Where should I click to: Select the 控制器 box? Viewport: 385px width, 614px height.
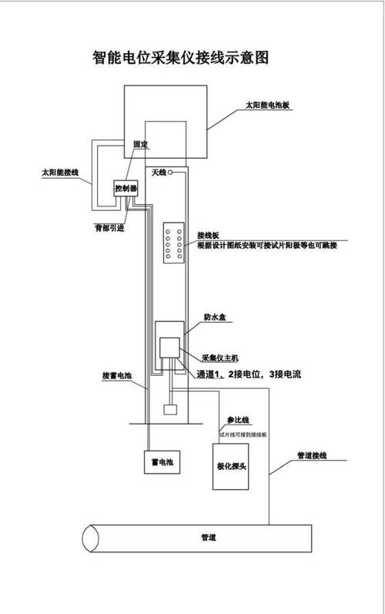tap(125, 187)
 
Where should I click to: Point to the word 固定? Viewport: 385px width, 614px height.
tap(140, 145)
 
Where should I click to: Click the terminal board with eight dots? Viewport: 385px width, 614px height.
tap(172, 243)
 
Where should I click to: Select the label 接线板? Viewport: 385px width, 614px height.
tap(209, 234)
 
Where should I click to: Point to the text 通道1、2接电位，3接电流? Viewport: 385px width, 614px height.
tap(248, 374)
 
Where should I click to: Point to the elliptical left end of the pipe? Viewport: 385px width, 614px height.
tap(90, 539)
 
